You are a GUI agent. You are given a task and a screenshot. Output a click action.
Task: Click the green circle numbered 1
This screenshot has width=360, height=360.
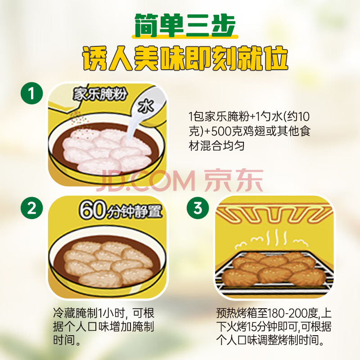coord(31,93)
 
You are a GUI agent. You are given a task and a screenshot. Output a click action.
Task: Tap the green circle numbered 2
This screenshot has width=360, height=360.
coord(31,208)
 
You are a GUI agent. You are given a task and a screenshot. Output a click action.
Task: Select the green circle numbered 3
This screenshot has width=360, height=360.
coord(198,208)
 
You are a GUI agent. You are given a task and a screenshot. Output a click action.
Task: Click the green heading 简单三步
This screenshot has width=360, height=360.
coord(185,26)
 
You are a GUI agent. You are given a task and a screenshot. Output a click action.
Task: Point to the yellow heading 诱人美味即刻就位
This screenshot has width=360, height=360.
coord(185,58)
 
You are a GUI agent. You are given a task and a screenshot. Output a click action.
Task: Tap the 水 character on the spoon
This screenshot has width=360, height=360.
coord(145,106)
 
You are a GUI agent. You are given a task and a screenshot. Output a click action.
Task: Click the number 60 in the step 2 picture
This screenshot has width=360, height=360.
coord(93,210)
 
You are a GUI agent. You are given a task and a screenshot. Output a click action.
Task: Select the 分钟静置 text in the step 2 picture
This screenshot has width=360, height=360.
coord(135,211)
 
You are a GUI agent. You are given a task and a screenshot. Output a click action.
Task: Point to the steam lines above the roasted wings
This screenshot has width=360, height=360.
coord(272,240)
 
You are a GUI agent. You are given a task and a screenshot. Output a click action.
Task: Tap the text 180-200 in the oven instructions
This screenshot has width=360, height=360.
coord(293,313)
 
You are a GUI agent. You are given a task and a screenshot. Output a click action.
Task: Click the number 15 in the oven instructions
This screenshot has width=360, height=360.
coord(251,327)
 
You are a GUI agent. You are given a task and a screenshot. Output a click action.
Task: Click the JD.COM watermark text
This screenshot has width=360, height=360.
coord(145,181)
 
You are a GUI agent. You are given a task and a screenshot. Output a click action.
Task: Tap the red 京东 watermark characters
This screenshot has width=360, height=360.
coord(234,180)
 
